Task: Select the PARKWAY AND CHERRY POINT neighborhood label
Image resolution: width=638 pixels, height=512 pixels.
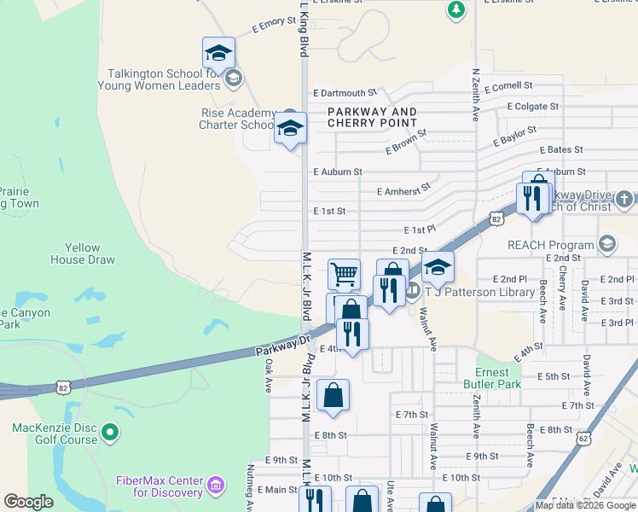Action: [373, 118]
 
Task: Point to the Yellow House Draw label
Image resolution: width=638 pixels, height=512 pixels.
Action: [83, 253]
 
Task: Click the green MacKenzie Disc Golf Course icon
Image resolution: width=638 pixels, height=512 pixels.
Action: [109, 433]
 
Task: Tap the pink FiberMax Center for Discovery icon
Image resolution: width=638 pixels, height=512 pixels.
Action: [216, 486]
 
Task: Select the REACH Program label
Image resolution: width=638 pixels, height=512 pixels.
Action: [551, 245]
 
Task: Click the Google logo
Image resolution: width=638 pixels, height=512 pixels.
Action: [29, 502]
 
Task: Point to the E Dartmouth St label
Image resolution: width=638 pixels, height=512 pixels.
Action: [345, 92]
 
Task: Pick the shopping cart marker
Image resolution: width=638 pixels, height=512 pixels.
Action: [344, 274]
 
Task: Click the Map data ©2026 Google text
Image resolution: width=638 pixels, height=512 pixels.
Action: [585, 505]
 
